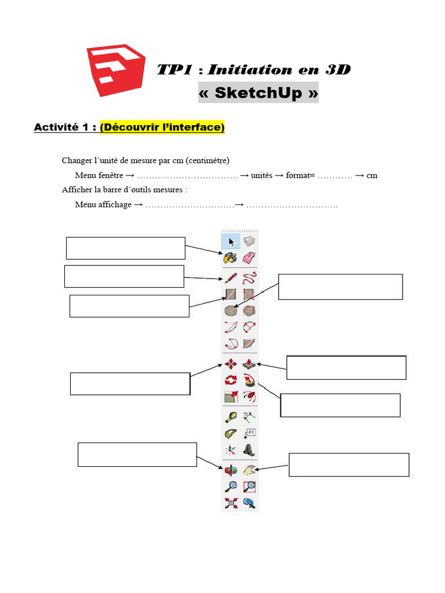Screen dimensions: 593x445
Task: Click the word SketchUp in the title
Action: [x=258, y=93]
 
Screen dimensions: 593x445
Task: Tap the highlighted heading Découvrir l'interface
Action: [x=162, y=127]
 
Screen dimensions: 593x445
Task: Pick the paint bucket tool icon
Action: [x=231, y=257]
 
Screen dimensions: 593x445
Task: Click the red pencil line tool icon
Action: [x=231, y=277]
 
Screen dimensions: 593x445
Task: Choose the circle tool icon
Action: [x=231, y=310]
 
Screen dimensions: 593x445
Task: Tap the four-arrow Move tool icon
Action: [x=231, y=364]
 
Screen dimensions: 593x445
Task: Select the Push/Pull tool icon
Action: [x=250, y=364]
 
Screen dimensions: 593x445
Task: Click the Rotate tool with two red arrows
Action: [x=231, y=380]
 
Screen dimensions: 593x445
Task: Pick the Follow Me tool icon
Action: [x=250, y=380]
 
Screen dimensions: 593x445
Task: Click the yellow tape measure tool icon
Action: [x=231, y=416]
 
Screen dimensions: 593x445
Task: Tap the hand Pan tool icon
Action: [x=250, y=470]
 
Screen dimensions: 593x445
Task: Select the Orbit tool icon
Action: [x=231, y=470]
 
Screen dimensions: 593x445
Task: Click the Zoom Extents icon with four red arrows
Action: [x=231, y=503]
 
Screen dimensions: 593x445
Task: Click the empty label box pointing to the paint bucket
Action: [x=126, y=248]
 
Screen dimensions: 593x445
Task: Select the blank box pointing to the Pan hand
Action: [x=349, y=464]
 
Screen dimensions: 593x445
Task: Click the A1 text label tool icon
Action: [x=250, y=433]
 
